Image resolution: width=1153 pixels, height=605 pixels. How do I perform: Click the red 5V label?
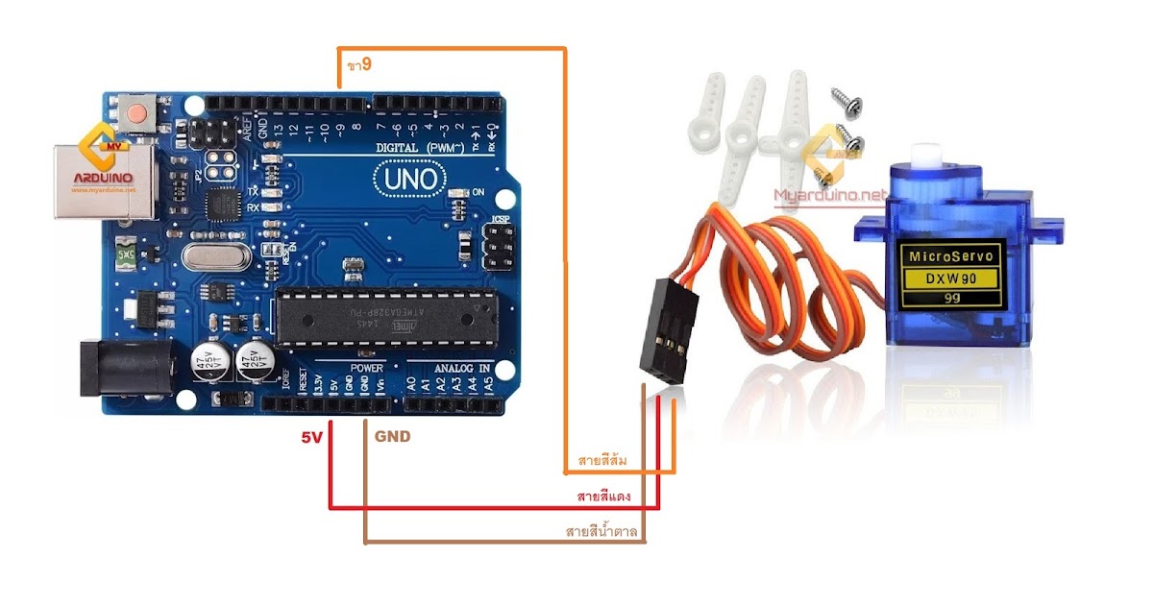tap(311, 436)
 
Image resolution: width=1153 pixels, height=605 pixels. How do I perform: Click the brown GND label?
tap(392, 436)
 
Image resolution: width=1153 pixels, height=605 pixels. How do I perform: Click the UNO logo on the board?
tap(411, 179)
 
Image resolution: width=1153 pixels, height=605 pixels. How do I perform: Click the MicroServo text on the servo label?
tap(951, 256)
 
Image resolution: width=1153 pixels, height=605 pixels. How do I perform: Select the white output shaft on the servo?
tap(926, 153)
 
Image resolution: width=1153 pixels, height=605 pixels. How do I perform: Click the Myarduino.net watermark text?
tap(832, 194)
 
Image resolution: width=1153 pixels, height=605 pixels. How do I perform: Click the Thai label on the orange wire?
tap(602, 461)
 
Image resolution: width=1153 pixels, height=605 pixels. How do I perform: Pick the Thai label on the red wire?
tap(602, 496)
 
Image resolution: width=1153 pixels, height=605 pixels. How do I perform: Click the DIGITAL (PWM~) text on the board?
tap(420, 147)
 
